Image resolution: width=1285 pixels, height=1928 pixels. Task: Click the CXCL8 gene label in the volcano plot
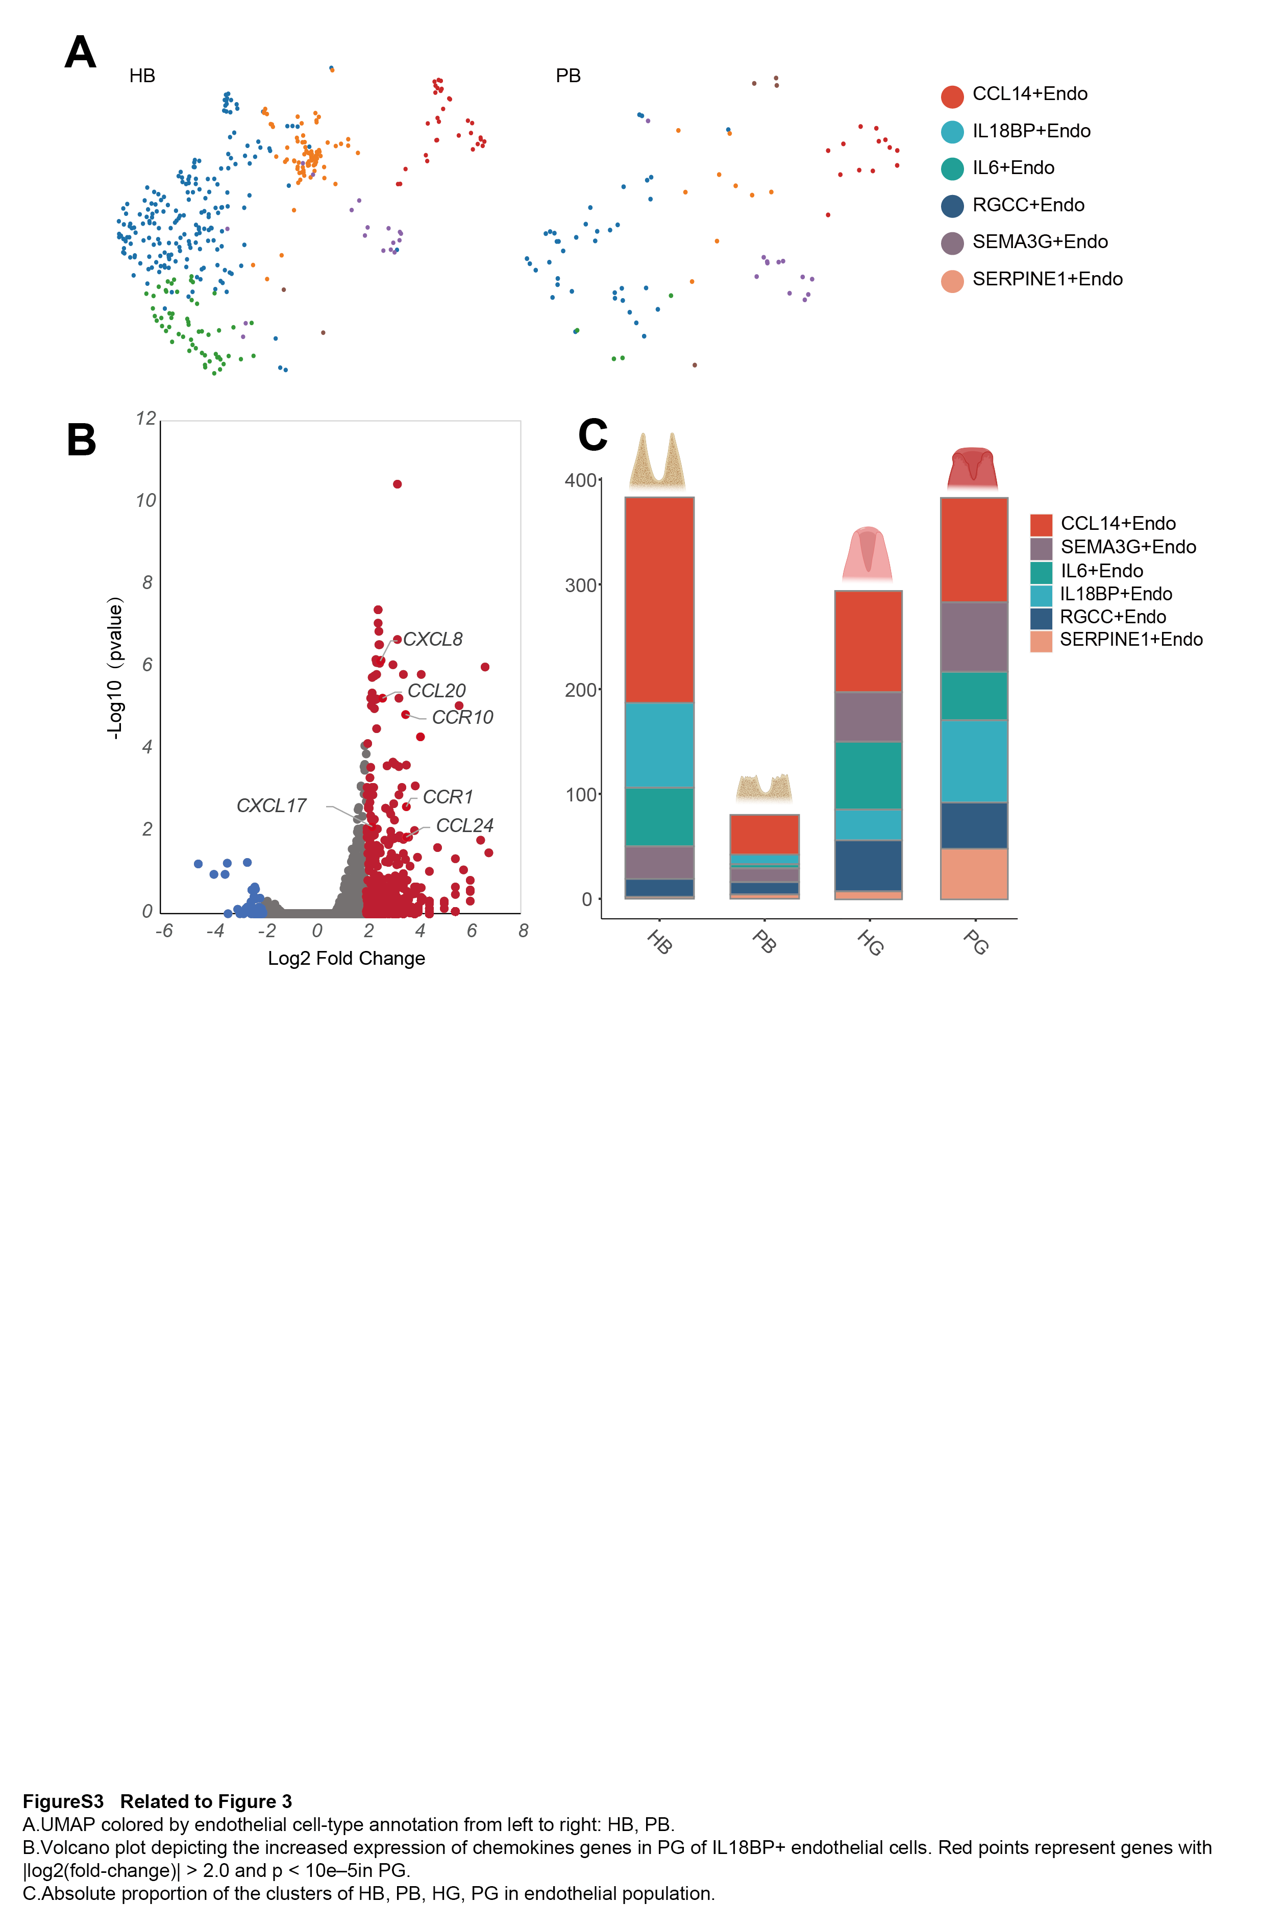point(433,640)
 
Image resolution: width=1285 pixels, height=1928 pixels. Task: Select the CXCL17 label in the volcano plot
point(271,806)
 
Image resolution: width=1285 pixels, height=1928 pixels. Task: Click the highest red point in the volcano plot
point(398,484)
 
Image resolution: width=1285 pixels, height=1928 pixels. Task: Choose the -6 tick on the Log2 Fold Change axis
point(164,931)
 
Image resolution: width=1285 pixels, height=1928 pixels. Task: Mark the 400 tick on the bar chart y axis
point(580,480)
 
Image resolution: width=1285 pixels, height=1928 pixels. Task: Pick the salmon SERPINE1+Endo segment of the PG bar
point(974,874)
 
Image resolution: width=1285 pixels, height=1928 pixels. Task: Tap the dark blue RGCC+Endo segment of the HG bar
point(868,866)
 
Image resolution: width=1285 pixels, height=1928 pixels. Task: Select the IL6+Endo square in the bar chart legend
point(1041,571)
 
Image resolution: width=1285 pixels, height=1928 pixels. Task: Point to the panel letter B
point(81,440)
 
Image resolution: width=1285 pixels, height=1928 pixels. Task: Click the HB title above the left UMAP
point(142,76)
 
